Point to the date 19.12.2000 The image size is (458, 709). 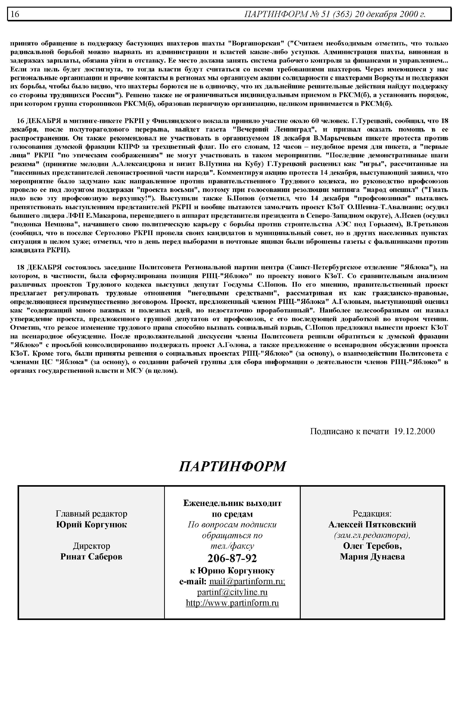tap(414, 431)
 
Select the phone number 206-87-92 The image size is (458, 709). tap(232, 558)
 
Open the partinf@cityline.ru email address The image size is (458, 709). tap(232, 592)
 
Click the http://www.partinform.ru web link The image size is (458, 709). tap(232, 603)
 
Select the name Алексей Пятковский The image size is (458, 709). tap(372, 524)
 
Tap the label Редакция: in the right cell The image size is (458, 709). tap(372, 514)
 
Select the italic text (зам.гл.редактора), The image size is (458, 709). tap(372, 535)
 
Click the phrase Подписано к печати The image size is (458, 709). tap(349, 431)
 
